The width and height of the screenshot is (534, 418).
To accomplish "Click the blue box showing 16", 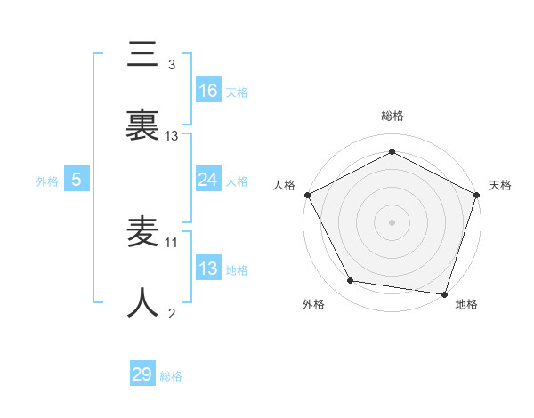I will click(x=208, y=91).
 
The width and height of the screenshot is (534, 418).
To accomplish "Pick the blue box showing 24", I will click(x=208, y=180).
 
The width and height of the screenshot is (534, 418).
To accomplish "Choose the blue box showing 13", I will click(x=208, y=269).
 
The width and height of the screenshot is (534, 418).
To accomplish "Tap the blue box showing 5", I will click(x=77, y=180).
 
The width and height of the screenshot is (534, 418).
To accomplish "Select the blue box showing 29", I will click(x=142, y=374).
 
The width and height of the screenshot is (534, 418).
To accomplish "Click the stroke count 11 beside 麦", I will click(x=172, y=241).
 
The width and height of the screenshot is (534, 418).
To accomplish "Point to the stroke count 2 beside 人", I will click(x=172, y=313).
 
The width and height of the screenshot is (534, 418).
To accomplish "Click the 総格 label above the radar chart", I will click(x=392, y=116).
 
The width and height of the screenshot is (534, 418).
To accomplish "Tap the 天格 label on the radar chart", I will click(x=501, y=185).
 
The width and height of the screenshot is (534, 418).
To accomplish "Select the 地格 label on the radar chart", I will click(x=466, y=304).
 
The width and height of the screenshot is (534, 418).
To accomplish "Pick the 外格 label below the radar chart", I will click(x=313, y=304).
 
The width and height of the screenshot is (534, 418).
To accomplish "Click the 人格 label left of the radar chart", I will click(x=285, y=185).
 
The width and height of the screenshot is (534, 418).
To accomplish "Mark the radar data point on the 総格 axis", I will click(x=392, y=152).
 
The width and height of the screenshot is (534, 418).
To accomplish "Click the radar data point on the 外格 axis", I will click(x=351, y=281).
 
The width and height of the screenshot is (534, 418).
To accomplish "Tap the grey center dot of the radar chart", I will click(x=392, y=221).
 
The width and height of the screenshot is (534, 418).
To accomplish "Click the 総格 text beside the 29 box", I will click(x=171, y=376).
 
